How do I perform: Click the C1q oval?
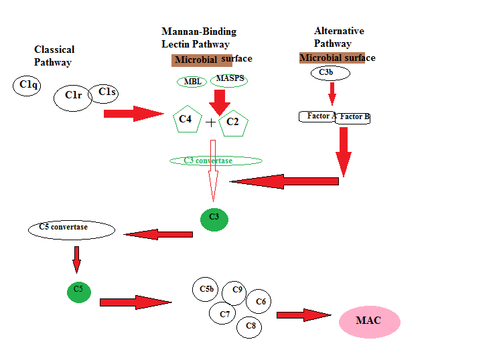pyautogui.click(x=28, y=85)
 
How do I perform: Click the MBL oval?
pyautogui.click(x=192, y=82)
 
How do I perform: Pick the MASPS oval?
pyautogui.click(x=228, y=80)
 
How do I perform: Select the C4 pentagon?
pyautogui.click(x=186, y=120)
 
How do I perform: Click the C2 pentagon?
pyautogui.click(x=233, y=122)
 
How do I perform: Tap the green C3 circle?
pyautogui.click(x=214, y=219)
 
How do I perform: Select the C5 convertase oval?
pyautogui.click(x=72, y=230)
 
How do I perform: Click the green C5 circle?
pyautogui.click(x=78, y=291)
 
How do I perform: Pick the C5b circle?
pyautogui.click(x=206, y=289)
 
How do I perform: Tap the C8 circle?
pyautogui.click(x=250, y=327)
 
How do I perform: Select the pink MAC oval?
pyautogui.click(x=369, y=322)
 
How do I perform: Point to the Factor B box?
pyautogui.click(x=353, y=118)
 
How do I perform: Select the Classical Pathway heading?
pyautogui.click(x=54, y=56)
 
